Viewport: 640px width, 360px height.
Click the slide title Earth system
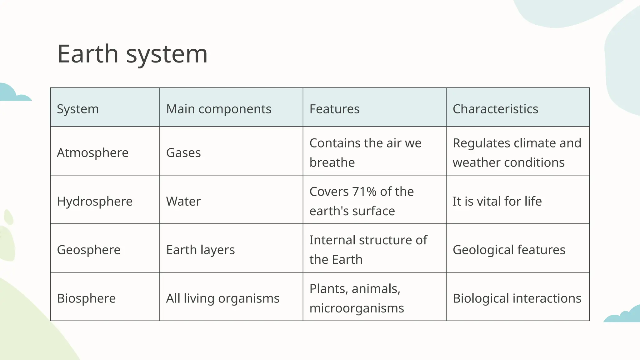[x=132, y=54]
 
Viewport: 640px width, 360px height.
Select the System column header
[x=78, y=109]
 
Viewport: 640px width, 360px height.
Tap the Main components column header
[x=218, y=109]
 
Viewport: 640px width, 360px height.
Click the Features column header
[x=334, y=109]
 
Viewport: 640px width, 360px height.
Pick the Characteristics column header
[x=495, y=109]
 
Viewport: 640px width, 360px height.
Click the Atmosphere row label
[x=92, y=153]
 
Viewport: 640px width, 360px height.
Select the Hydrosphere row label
[x=95, y=201]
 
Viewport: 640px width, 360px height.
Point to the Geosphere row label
[x=89, y=250]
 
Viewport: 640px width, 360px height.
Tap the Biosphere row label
[x=86, y=298]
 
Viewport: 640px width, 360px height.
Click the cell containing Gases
[x=183, y=153]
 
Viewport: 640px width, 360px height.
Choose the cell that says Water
[x=183, y=201]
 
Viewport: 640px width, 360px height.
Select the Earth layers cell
[x=200, y=250]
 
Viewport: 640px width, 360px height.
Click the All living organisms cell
[x=222, y=298]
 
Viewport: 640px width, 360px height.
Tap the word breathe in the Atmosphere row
[x=332, y=162]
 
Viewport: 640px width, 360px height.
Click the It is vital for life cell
[x=497, y=201]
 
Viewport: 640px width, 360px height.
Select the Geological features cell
[x=509, y=250]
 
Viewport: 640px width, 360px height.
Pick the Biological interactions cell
[x=517, y=298]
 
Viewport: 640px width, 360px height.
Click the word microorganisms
[x=357, y=308]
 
